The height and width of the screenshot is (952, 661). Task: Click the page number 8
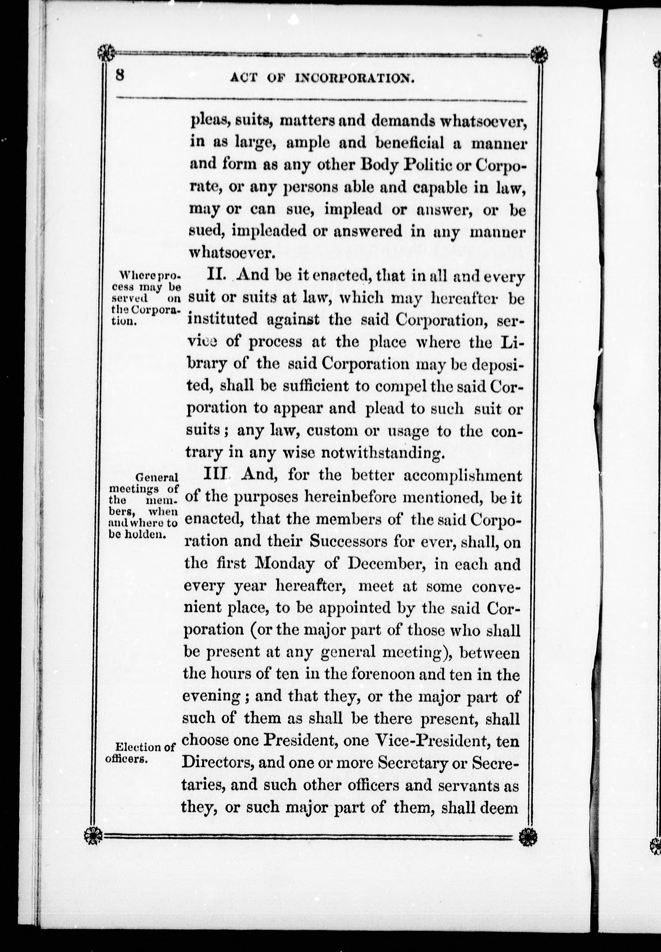tap(120, 76)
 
